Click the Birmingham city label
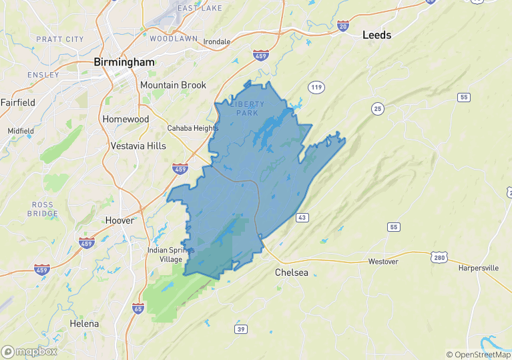[x=124, y=62]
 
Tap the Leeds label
[x=376, y=35]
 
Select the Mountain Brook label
[x=173, y=85]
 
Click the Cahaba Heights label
[x=192, y=128]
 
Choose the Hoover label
[x=120, y=220]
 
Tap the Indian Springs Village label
[x=170, y=254]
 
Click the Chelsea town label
[x=292, y=273]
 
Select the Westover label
[x=383, y=261]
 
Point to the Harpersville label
[x=479, y=268]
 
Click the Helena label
[x=84, y=324]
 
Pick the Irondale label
[x=216, y=41]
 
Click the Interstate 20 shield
[x=343, y=26]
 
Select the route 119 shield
[x=316, y=87]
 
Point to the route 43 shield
[x=302, y=218]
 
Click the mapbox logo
[x=29, y=351]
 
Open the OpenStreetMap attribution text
[x=477, y=355]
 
